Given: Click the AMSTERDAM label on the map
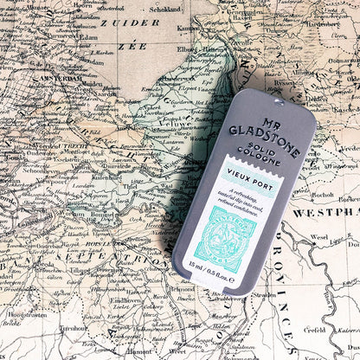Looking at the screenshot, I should (x=57, y=79).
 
